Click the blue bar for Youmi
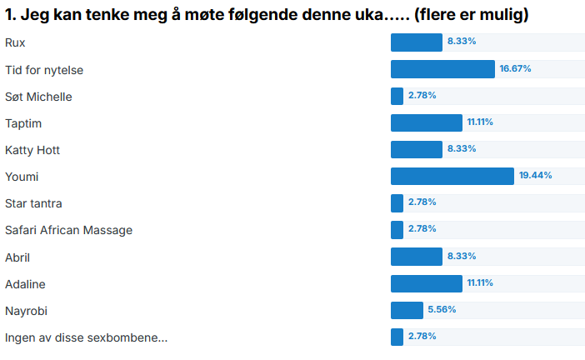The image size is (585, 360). tap(452, 177)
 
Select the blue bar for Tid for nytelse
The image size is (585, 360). tap(442, 69)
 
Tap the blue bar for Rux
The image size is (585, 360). tap(416, 42)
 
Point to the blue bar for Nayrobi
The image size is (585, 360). tap(407, 311)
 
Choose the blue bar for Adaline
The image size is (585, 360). tap(426, 284)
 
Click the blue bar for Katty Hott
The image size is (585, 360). tap(416, 150)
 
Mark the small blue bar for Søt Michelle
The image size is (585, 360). tap(397, 97)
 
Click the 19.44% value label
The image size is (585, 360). tap(536, 176)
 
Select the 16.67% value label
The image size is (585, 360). tap(515, 69)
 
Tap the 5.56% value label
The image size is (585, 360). tap(442, 310)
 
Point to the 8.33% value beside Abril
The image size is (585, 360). tap(461, 257)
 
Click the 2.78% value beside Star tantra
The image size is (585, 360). tap(422, 202)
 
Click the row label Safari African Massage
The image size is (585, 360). tap(68, 230)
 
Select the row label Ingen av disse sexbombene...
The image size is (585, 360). tap(86, 337)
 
